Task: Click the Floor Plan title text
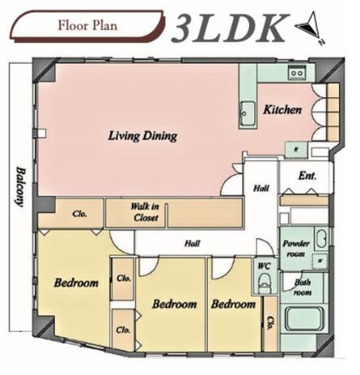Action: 87,26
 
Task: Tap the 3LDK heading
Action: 230,28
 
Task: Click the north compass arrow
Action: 309,26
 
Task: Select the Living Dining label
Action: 142,136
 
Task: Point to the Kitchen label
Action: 282,109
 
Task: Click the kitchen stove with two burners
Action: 297,72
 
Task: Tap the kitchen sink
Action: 248,113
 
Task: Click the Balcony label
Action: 20,187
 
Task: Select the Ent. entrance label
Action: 307,176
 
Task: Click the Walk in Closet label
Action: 145,212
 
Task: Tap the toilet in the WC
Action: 264,283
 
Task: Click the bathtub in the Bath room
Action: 305,320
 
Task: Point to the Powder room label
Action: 296,249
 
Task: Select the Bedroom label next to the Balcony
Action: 76,283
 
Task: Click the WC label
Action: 265,266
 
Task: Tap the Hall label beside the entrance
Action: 261,188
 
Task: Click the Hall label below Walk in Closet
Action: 193,244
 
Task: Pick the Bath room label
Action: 303,288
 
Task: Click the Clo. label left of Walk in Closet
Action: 79,214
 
